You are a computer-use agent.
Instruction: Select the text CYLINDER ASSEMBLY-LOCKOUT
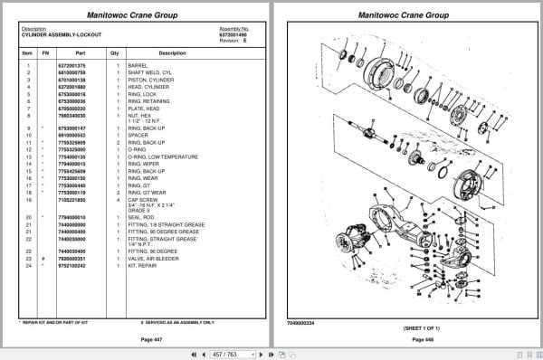tap(61, 33)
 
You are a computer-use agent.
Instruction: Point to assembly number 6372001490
tap(233, 33)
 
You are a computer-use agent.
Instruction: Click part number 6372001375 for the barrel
tap(72, 66)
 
